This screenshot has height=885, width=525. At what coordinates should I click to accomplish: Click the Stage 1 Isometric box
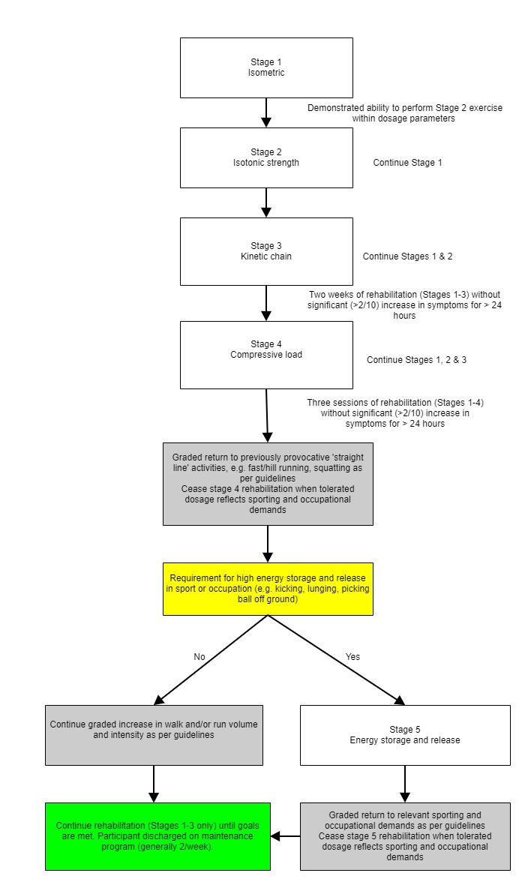266,67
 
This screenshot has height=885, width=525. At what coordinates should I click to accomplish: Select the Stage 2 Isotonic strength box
266,157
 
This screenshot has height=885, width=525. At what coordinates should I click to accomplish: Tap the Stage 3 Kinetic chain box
266,251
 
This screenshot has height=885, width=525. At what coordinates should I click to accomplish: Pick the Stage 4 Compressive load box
266,355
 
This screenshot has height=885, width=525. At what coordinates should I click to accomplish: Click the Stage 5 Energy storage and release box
405,735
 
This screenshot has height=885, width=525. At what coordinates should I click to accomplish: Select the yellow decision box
268,589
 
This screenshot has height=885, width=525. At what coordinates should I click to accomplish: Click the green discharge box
157,836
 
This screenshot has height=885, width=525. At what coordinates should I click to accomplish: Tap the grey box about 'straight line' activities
268,484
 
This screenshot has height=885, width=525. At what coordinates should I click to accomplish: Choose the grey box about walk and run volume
154,735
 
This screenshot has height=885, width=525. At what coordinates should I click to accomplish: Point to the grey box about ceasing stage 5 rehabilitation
405,836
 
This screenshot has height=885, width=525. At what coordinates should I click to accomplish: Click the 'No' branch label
199,657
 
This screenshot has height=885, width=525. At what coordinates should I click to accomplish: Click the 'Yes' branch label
352,657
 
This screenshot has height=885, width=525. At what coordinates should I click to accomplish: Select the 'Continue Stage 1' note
407,163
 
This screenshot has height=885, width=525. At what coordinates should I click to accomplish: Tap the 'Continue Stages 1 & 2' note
407,256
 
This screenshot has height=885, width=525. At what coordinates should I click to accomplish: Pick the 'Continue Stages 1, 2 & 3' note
416,359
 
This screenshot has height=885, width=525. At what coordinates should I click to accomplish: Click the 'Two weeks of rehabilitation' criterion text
404,304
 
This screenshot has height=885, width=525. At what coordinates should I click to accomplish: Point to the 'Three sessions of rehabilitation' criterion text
395,413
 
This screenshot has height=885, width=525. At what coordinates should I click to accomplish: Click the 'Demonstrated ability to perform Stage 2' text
404,113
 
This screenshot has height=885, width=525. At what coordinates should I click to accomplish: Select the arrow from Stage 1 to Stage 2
266,113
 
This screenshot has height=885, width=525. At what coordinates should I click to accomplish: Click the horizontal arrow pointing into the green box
285,836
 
